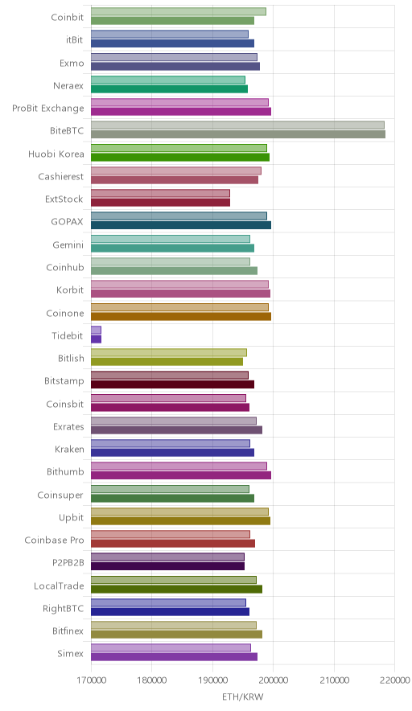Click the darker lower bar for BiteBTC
(x=237, y=134)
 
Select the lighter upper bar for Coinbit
(x=179, y=11)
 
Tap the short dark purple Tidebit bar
(x=97, y=339)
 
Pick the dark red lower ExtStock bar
(x=161, y=203)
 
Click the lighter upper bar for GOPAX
(x=179, y=216)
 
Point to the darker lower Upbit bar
(x=180, y=521)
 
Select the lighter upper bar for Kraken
(x=170, y=443)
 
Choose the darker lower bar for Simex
(x=175, y=657)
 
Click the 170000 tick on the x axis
(x=91, y=680)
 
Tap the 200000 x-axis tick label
(x=273, y=680)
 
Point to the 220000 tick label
(x=395, y=680)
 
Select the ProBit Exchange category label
(x=48, y=109)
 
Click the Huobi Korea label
(x=56, y=154)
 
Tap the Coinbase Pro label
(x=55, y=540)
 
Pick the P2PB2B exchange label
(x=68, y=563)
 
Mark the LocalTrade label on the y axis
(x=59, y=586)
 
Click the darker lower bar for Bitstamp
(x=172, y=384)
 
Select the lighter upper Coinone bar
(x=179, y=307)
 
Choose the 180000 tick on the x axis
(x=151, y=680)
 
